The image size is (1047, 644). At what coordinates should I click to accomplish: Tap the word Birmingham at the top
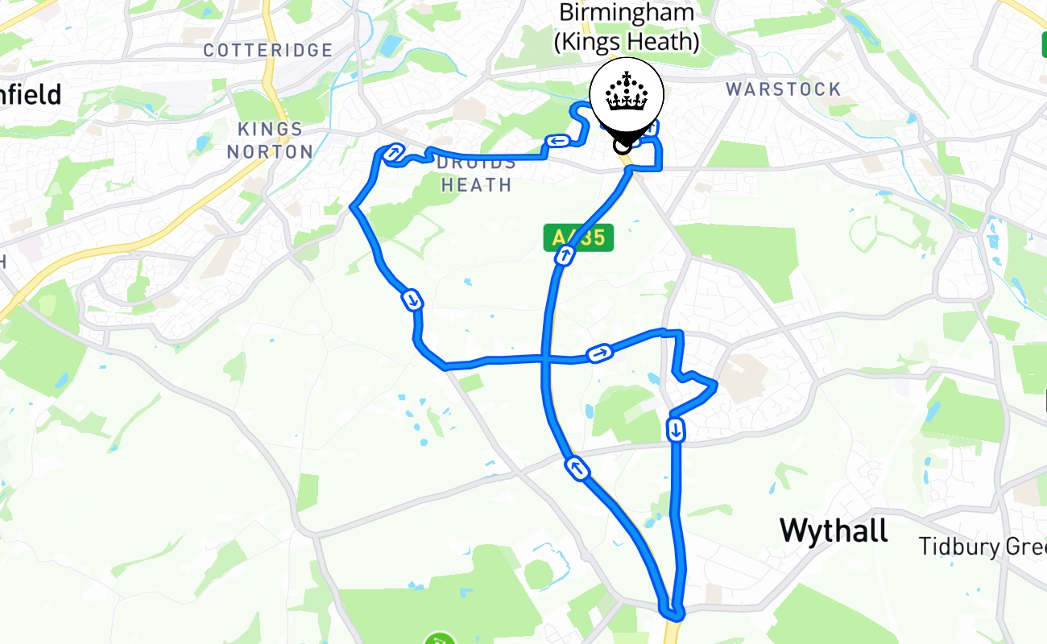tap(627, 13)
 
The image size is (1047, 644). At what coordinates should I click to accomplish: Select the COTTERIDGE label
tap(267, 50)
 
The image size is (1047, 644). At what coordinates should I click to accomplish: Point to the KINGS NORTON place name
tap(271, 140)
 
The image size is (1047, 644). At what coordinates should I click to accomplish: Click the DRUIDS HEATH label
tap(476, 174)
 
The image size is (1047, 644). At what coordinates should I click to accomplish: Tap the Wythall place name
tap(834, 530)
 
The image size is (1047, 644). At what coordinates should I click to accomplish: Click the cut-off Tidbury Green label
tap(983, 547)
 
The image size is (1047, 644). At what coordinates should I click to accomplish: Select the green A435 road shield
tap(578, 237)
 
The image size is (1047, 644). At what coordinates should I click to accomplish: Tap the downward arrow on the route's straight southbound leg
tap(676, 431)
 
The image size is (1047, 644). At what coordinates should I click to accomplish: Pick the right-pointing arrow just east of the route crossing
tap(599, 353)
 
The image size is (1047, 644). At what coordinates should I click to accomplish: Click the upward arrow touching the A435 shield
tap(565, 257)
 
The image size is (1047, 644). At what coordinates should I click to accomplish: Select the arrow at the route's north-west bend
tap(394, 151)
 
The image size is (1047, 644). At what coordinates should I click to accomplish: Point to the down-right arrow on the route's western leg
tap(412, 300)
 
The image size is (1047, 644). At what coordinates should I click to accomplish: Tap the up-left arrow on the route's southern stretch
tap(577, 469)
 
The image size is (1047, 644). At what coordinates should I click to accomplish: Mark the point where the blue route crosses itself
tap(548, 359)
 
